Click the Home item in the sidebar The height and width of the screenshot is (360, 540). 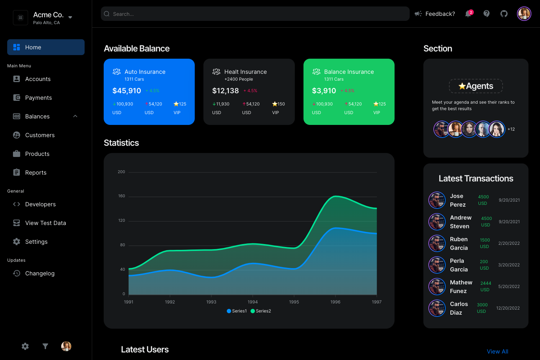(33, 47)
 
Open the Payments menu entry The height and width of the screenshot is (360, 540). (38, 98)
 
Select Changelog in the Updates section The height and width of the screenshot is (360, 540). (40, 273)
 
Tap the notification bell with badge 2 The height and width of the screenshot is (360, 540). (468, 14)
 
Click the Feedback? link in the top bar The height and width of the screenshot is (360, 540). (440, 14)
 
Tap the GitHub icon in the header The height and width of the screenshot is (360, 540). (504, 14)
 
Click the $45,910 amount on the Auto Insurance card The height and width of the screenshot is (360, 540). (127, 91)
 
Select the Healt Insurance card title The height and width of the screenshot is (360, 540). (246, 72)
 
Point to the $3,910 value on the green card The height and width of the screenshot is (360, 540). (324, 91)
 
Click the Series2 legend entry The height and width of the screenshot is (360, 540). (261, 311)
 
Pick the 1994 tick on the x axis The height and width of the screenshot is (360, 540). (253, 302)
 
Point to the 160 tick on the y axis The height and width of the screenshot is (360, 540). (122, 196)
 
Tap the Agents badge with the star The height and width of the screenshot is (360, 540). (476, 86)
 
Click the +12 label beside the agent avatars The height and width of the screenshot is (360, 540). (511, 129)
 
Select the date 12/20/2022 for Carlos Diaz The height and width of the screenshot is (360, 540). (508, 308)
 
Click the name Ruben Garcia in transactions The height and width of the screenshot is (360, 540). (459, 243)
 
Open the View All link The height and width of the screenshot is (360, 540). (498, 351)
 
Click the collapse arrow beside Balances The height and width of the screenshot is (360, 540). (75, 116)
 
